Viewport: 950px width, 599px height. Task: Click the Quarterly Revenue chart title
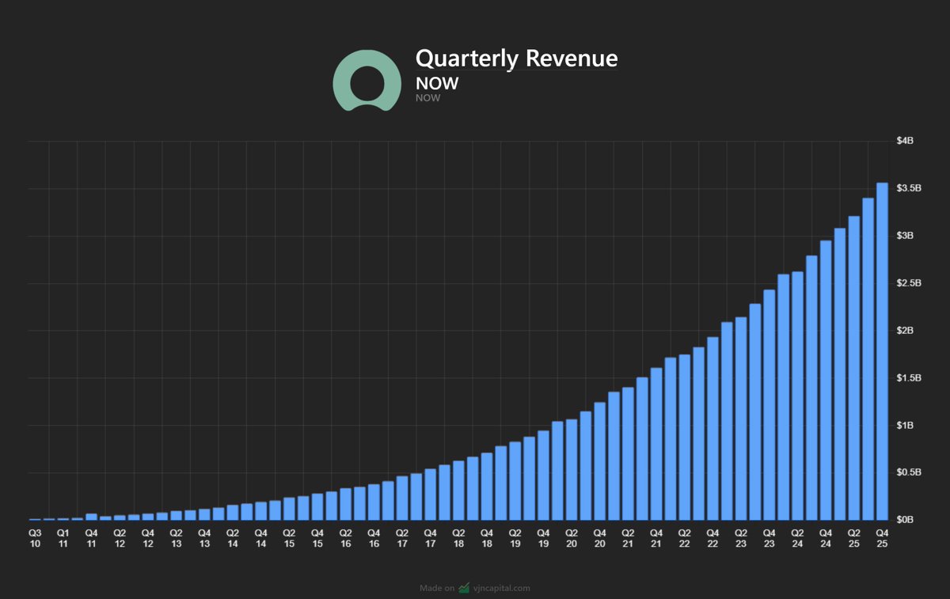(516, 59)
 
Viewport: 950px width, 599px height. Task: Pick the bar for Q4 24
(826, 380)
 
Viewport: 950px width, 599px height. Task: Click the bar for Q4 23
(769, 404)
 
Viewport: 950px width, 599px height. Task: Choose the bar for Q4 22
(712, 428)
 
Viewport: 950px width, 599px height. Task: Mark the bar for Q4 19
(543, 475)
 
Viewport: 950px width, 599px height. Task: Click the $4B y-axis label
(905, 141)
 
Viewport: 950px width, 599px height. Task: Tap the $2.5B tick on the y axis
(908, 283)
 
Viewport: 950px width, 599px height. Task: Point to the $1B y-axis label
(905, 425)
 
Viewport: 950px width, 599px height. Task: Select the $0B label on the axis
(905, 520)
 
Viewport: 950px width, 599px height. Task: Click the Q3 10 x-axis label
(35, 537)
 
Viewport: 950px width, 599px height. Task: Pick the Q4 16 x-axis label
(374, 537)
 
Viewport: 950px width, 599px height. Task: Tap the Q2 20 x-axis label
(572, 537)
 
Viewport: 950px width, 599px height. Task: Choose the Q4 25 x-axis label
(882, 537)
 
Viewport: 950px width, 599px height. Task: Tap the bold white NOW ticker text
(437, 83)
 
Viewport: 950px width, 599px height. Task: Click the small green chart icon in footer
(464, 588)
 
